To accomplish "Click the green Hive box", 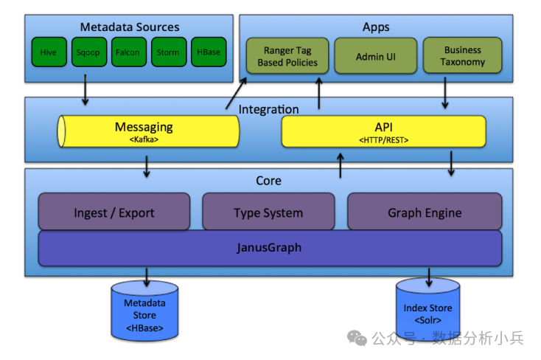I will pyautogui.click(x=49, y=52).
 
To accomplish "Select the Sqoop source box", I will pyautogui.click(x=88, y=52).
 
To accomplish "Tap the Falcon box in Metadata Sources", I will pyautogui.click(x=128, y=52).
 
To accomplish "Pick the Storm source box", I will pyautogui.click(x=168, y=52).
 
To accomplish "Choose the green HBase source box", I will pyautogui.click(x=208, y=52).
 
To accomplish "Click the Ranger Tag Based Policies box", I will pyautogui.click(x=287, y=57).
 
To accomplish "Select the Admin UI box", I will pyautogui.click(x=376, y=57).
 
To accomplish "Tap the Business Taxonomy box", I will pyautogui.click(x=463, y=57).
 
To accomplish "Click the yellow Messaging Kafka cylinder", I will pyautogui.click(x=148, y=131).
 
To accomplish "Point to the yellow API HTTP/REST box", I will pyautogui.click(x=383, y=131).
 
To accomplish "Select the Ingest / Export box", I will pyautogui.click(x=114, y=212).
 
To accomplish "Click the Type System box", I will pyautogui.click(x=268, y=212).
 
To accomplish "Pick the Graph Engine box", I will pyautogui.click(x=425, y=212).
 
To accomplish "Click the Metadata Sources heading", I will pyautogui.click(x=130, y=27).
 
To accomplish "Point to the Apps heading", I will pyautogui.click(x=376, y=27).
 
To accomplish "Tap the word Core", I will pyautogui.click(x=268, y=181).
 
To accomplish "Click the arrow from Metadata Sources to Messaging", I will pyautogui.click(x=85, y=90).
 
